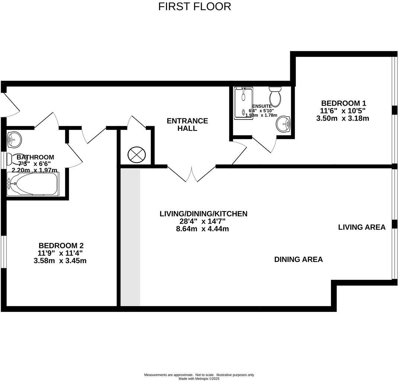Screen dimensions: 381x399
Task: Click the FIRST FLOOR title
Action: (194, 6)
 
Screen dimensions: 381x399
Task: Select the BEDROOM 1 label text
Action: (341, 103)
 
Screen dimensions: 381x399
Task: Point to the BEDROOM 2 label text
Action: (61, 246)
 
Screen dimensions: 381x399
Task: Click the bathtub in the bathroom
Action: (33, 184)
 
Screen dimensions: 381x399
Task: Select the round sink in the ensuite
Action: (284, 124)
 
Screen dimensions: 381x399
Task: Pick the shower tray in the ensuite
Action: (243, 103)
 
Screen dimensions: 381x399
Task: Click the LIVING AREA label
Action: (361, 227)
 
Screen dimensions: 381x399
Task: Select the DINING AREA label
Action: (298, 259)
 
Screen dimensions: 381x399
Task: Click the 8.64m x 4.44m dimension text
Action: (202, 229)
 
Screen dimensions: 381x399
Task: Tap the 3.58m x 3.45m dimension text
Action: (60, 261)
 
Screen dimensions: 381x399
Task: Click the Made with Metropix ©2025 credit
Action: (199, 378)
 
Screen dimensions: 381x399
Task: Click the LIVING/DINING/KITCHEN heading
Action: (203, 214)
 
